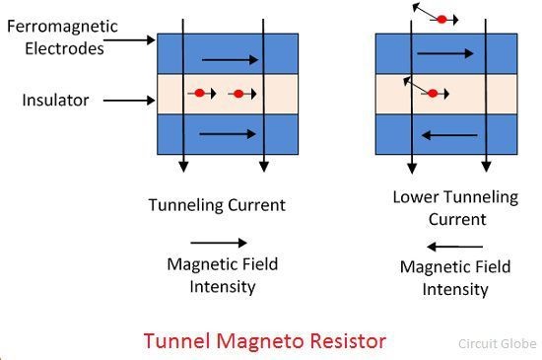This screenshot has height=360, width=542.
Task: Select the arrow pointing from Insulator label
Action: [127, 101]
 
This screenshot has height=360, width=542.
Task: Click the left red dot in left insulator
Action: [199, 94]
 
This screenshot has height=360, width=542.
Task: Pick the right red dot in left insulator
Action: [237, 94]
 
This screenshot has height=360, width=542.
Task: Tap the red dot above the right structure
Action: [442, 19]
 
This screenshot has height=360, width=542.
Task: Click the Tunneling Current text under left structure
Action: [217, 205]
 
